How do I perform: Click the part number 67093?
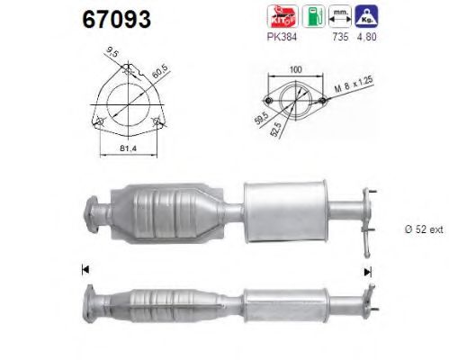117,19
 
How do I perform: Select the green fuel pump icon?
313,16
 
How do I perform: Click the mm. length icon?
340,16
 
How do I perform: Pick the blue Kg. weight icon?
366,16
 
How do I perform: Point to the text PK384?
282,37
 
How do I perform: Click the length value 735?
340,37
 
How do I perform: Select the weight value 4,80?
366,37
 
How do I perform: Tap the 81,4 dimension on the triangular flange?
128,148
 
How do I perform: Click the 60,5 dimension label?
160,71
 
